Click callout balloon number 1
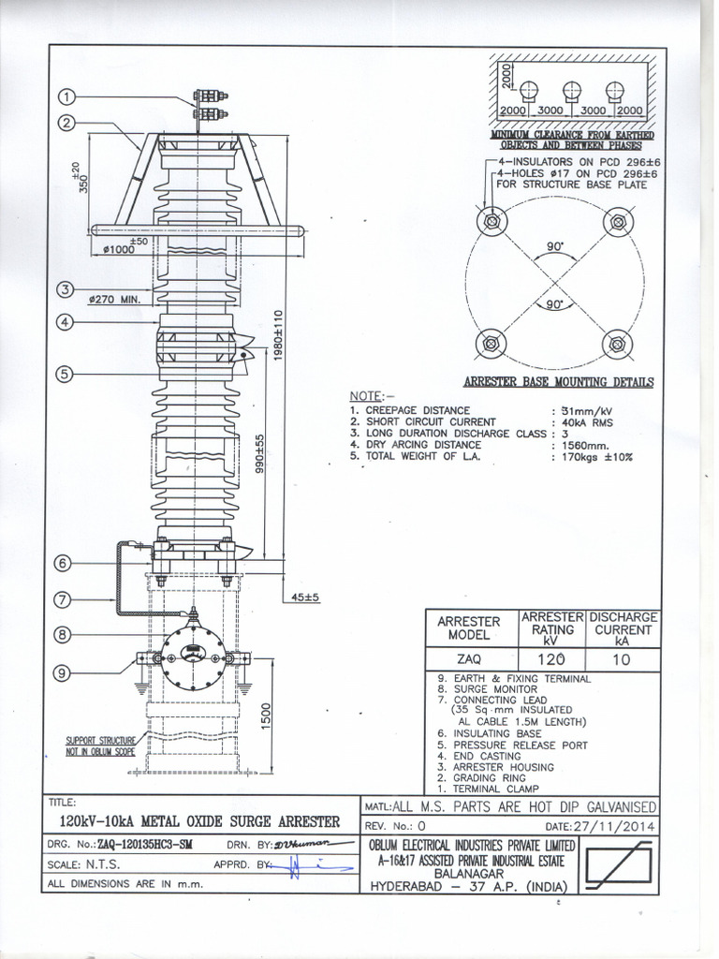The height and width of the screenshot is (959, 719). (68, 97)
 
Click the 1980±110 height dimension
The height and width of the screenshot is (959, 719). (278, 345)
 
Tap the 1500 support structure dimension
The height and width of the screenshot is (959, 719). (267, 718)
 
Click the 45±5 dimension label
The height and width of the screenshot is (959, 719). (301, 597)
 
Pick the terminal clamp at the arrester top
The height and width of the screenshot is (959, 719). (210, 105)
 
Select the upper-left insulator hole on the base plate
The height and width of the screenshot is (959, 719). (490, 222)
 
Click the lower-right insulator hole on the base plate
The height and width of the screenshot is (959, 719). (617, 343)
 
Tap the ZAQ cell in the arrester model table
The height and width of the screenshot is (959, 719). (473, 659)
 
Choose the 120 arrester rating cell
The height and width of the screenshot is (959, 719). (552, 659)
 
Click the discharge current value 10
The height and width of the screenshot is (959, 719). (623, 659)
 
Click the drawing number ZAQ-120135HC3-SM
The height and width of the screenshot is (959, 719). (144, 845)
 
